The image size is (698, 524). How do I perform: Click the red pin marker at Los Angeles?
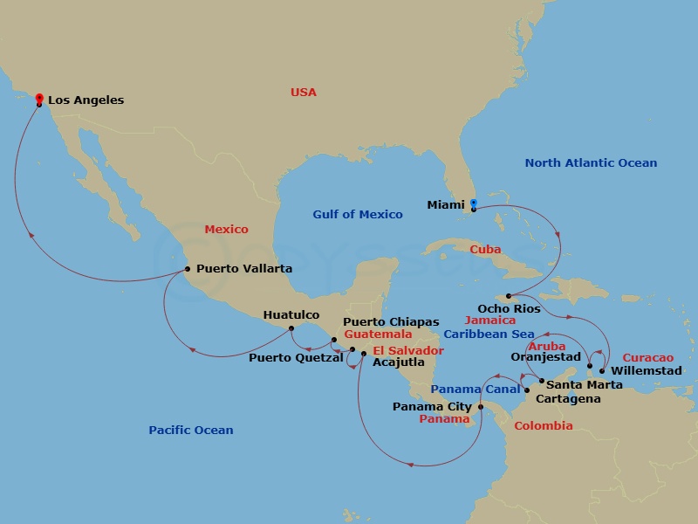(x=38, y=99)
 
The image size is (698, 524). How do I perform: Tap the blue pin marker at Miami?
(x=473, y=204)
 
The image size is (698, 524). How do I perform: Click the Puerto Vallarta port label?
(x=244, y=269)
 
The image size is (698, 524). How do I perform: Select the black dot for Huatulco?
(x=291, y=328)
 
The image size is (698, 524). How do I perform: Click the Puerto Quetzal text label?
(x=296, y=357)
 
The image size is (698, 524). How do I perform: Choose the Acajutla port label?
(x=398, y=362)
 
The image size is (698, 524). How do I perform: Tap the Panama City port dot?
(x=481, y=406)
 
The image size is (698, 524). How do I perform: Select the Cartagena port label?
(x=568, y=399)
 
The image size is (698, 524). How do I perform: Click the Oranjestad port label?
(x=545, y=357)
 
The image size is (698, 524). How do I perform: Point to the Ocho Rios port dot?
(x=509, y=296)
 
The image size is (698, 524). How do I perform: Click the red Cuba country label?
(x=485, y=249)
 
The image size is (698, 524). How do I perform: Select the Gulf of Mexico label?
(x=358, y=214)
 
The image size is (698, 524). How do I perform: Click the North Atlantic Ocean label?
(x=591, y=162)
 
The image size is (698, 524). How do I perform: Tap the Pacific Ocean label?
(x=190, y=430)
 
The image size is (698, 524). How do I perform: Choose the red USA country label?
(x=304, y=92)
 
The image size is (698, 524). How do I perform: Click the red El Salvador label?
(x=408, y=350)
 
